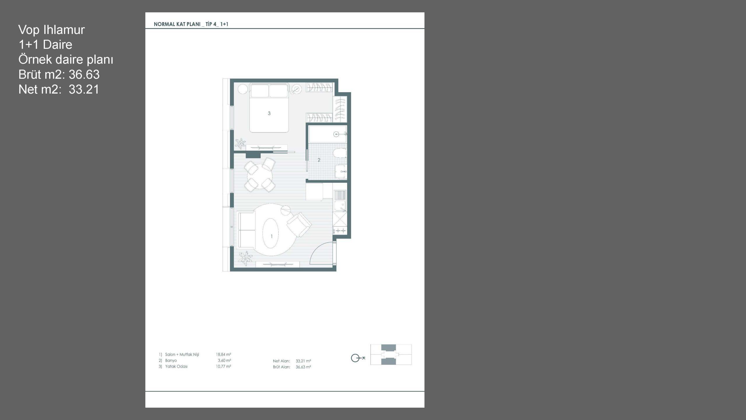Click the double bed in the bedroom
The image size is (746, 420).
pyautogui.click(x=269, y=108)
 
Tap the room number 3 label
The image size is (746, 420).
pyautogui.click(x=269, y=113)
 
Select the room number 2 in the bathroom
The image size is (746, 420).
pyautogui.click(x=319, y=160)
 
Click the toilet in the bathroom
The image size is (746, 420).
pyautogui.click(x=340, y=153)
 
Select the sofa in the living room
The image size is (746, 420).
pyautogui.click(x=247, y=230)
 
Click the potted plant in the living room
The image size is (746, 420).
pyautogui.click(x=245, y=258)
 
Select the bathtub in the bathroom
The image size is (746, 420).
pyautogui.click(x=328, y=134)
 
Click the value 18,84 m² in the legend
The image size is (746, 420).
pyautogui.click(x=223, y=354)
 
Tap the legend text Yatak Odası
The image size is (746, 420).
pyautogui.click(x=176, y=366)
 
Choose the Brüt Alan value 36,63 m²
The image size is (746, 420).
pyautogui.click(x=303, y=367)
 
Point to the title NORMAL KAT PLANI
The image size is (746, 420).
pyautogui.click(x=177, y=24)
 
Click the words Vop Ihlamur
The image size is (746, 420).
pyautogui.click(x=52, y=30)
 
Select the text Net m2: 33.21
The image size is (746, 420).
pyautogui.click(x=59, y=89)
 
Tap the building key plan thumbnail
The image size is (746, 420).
pyautogui.click(x=391, y=354)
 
